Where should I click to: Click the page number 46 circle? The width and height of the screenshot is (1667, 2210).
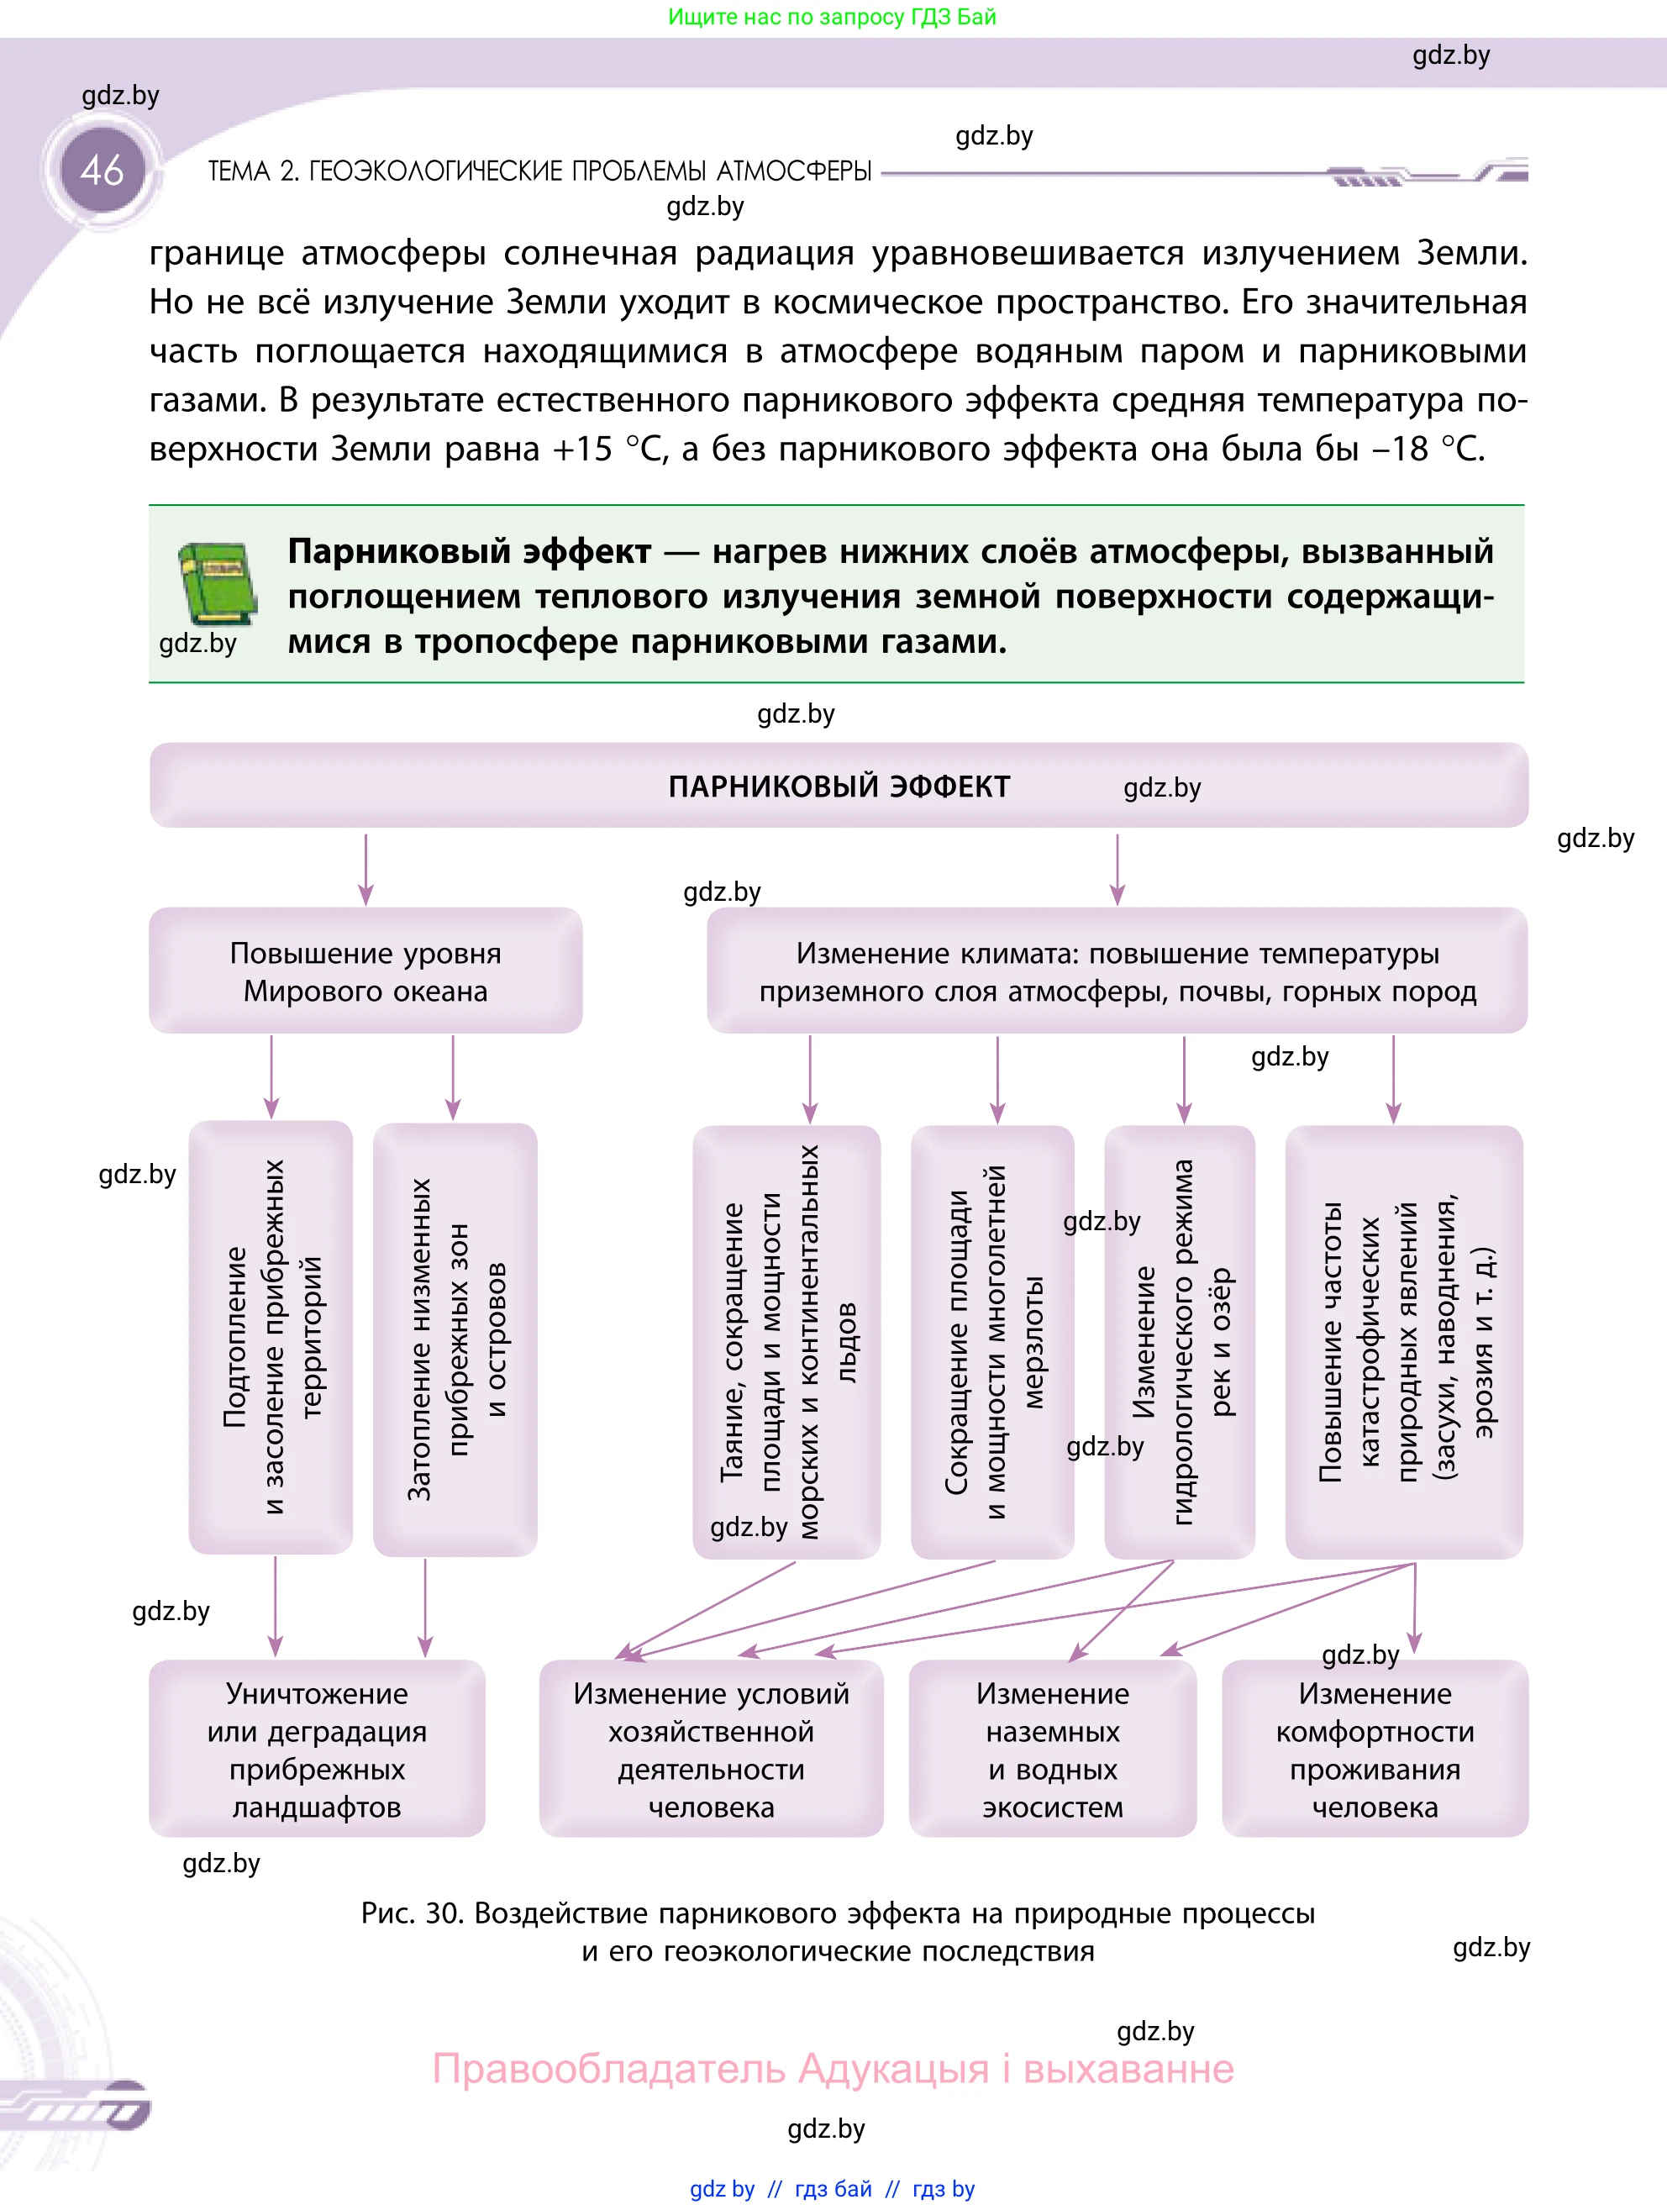[103, 170]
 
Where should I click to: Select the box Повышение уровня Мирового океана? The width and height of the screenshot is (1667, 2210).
[365, 971]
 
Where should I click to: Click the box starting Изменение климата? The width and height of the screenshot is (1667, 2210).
[1117, 971]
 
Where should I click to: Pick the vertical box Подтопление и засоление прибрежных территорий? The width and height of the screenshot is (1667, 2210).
[271, 1337]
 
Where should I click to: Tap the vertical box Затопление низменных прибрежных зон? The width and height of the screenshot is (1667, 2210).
[455, 1339]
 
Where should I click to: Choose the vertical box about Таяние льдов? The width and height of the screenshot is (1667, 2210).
[787, 1342]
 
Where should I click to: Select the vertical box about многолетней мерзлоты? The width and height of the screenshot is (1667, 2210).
[993, 1342]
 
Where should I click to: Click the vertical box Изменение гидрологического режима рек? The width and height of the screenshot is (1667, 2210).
[1180, 1342]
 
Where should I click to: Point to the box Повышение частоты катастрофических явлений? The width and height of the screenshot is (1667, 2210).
[1403, 1342]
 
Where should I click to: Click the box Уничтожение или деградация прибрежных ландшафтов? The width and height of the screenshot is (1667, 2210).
[317, 1750]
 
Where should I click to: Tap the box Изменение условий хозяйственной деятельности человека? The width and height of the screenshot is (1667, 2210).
[711, 1750]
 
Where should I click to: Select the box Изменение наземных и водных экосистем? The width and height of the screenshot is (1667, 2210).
[1052, 1750]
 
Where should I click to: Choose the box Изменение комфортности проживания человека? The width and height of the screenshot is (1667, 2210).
[1375, 1750]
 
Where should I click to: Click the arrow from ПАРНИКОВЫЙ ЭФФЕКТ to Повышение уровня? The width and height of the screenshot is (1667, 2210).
[365, 868]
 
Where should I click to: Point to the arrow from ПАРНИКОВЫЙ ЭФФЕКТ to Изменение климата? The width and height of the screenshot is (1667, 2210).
[1117, 868]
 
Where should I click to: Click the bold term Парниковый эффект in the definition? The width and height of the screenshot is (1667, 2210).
[470, 551]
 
